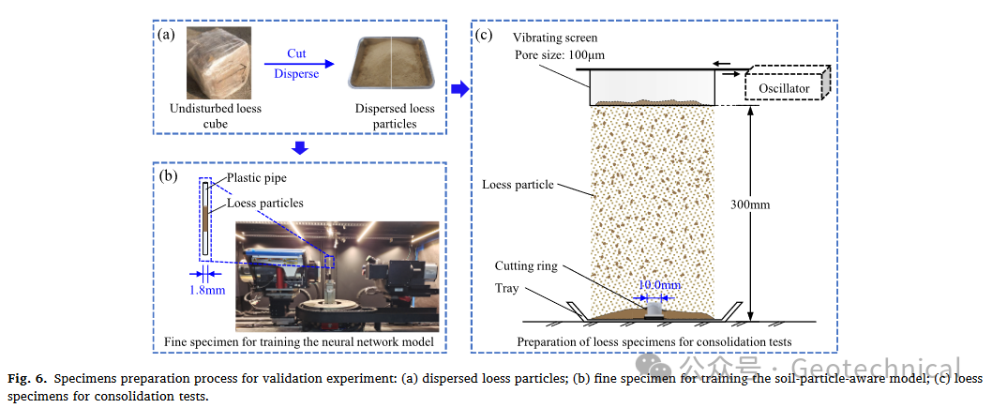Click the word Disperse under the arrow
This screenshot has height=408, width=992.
coord(295,74)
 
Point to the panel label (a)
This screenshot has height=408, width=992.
coord(166,35)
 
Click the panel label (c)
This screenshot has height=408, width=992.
coord(484,36)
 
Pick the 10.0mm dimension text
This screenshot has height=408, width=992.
coord(659,284)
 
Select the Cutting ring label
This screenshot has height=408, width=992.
coord(526,266)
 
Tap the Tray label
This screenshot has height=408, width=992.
coord(506,288)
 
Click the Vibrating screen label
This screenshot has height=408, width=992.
coord(554,38)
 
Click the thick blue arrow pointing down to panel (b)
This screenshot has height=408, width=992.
coord(299,147)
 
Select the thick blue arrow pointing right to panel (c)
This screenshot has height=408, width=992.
coord(458,89)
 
